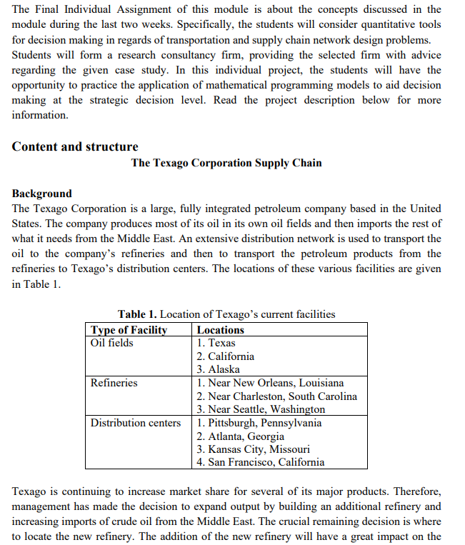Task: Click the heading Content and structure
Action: pos(75,146)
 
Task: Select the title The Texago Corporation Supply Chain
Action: pos(226,163)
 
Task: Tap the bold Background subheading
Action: pos(42,194)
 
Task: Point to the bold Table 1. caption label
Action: pos(137,314)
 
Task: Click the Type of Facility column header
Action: pos(129,330)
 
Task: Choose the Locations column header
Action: pos(221,330)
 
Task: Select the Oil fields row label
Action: pos(112,343)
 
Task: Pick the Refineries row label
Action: pos(114,383)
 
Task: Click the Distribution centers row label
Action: pos(136,423)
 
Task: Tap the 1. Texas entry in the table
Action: pos(216,343)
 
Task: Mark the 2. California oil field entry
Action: pos(226,356)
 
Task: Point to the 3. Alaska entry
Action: pos(219,369)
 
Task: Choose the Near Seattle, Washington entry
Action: pos(266,409)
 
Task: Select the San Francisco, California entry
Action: pos(266,462)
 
